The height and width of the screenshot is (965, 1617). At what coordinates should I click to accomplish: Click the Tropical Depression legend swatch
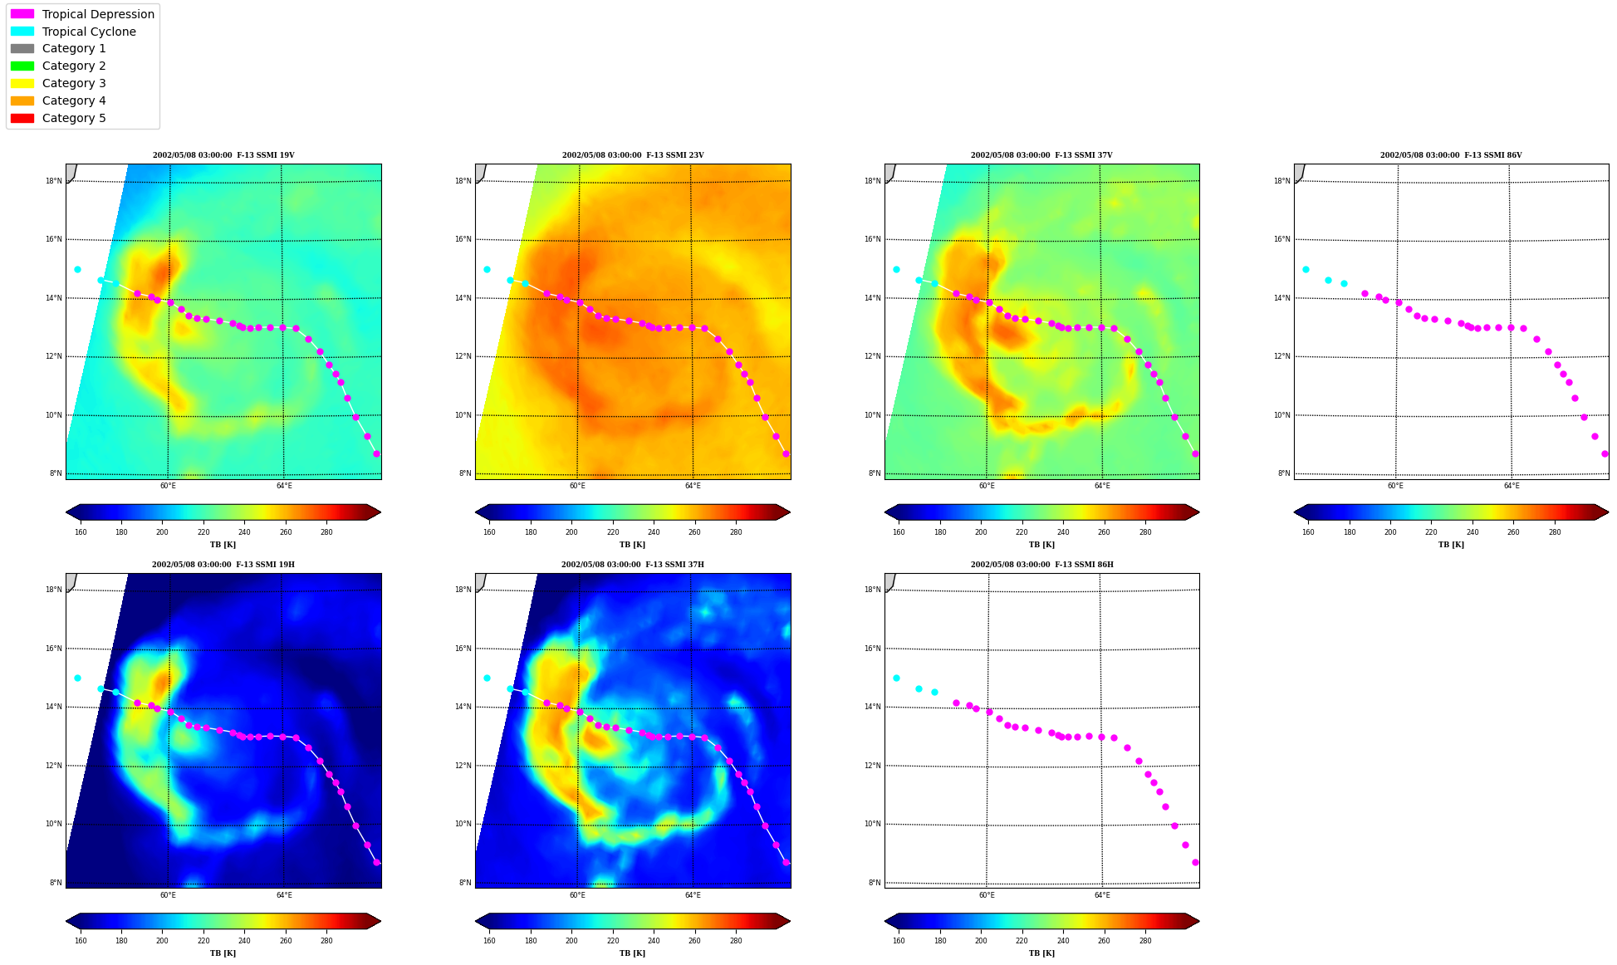(x=22, y=14)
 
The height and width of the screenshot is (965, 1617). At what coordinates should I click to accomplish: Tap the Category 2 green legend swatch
(x=22, y=66)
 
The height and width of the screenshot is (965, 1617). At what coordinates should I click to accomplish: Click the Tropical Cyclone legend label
(x=89, y=32)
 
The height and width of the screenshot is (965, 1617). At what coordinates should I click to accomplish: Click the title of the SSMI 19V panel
(x=223, y=155)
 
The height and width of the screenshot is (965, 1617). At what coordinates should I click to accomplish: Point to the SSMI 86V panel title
(x=1451, y=155)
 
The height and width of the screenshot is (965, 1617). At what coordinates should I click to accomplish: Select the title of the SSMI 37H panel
(x=632, y=565)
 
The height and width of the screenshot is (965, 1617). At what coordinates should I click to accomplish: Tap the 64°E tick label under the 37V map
(x=1102, y=486)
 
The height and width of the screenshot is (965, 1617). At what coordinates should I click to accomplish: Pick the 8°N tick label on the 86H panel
(x=875, y=883)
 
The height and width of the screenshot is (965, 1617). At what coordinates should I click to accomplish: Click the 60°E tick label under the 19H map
(x=168, y=895)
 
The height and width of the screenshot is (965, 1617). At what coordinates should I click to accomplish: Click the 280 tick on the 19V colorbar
(x=326, y=532)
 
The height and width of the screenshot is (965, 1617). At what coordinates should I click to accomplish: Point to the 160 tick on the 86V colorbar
(x=1308, y=532)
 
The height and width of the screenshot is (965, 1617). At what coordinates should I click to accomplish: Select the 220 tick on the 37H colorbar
(x=613, y=941)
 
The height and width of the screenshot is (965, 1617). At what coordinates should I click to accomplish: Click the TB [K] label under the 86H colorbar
(x=1041, y=953)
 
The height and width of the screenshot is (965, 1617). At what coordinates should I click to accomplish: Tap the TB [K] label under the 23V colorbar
(x=632, y=545)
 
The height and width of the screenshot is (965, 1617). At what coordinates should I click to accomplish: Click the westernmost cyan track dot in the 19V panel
(x=77, y=269)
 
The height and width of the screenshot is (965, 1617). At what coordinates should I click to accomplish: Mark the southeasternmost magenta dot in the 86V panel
(x=1605, y=453)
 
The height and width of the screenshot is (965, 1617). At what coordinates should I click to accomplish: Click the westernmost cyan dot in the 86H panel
(x=896, y=678)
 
